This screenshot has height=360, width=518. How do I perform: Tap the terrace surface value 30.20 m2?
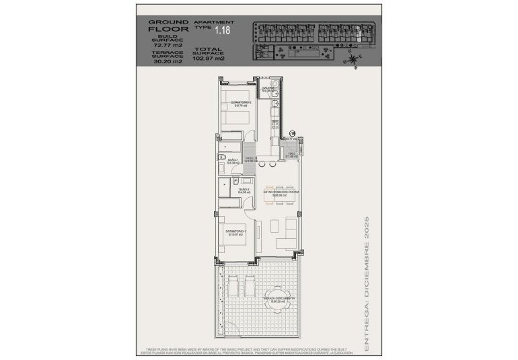click(167, 61)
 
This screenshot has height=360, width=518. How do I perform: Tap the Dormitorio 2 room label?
click(240, 103)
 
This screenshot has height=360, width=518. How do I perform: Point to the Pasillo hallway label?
click(250, 160)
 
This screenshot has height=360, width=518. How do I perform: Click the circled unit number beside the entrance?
click(292, 134)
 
